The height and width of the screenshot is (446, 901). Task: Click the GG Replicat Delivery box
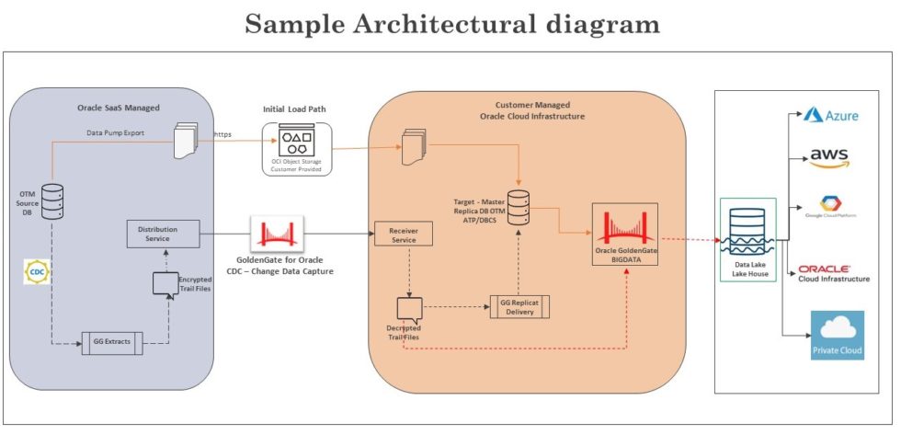click(518, 307)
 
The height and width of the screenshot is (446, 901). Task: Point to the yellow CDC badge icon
click(38, 272)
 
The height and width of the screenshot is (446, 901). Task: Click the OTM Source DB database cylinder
click(52, 201)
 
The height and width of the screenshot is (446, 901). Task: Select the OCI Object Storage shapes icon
click(296, 143)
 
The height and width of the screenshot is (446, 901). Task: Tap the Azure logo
click(830, 115)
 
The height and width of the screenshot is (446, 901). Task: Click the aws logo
click(829, 158)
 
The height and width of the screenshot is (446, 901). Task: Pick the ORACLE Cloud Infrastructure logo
click(833, 272)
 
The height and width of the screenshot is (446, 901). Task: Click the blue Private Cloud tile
click(837, 335)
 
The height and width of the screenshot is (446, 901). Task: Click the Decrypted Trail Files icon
click(407, 308)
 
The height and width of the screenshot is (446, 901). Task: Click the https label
click(222, 134)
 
